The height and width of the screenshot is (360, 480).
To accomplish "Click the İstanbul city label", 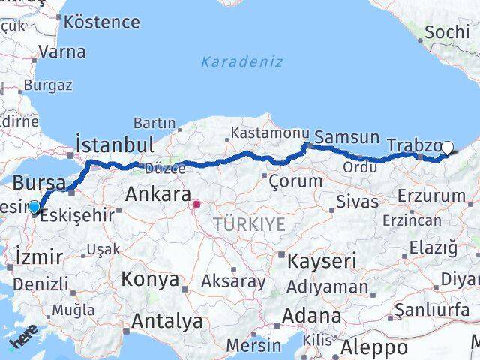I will [x=115, y=144].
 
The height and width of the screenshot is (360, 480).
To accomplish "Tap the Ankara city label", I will [x=157, y=195].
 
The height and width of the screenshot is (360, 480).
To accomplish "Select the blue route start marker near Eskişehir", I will [x=34, y=207].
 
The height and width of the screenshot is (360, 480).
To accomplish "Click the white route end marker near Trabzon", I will [x=448, y=148].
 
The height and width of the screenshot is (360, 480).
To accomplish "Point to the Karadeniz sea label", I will [x=241, y=61].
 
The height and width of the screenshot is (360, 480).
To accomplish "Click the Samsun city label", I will [x=346, y=137].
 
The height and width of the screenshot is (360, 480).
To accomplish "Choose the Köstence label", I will [x=102, y=21].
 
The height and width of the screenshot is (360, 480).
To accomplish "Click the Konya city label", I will [x=151, y=280].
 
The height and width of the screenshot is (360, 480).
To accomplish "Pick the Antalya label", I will [x=166, y=322].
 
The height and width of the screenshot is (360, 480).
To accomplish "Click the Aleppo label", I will [x=374, y=348].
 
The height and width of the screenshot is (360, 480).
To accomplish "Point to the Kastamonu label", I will [x=259, y=132].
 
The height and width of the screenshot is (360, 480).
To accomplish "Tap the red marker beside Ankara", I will [x=197, y=203].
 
